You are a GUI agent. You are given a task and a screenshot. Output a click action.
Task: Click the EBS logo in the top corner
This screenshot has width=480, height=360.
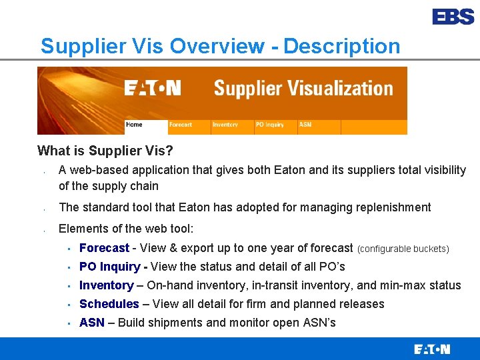pyautogui.click(x=453, y=17)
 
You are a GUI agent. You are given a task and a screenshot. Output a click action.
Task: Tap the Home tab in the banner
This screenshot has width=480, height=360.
pyautogui.click(x=135, y=125)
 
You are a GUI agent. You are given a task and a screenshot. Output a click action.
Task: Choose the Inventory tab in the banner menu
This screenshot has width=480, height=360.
pyautogui.click(x=225, y=125)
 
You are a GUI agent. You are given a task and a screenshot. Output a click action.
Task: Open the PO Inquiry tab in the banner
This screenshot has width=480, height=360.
pyautogui.click(x=269, y=125)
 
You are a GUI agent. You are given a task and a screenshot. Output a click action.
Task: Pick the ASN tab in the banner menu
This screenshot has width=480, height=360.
pyautogui.click(x=305, y=125)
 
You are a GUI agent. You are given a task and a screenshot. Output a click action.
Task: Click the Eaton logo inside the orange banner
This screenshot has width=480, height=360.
pyautogui.click(x=153, y=89)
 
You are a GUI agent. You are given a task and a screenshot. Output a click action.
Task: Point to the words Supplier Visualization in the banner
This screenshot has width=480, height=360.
pyautogui.click(x=303, y=89)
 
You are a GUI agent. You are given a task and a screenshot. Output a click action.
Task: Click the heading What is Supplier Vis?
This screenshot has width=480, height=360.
pyautogui.click(x=105, y=151)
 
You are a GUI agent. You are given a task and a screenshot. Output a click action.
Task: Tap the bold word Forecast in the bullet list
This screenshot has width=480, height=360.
pyautogui.click(x=104, y=248)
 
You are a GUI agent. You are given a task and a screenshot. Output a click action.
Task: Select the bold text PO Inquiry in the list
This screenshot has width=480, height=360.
pyautogui.click(x=110, y=267)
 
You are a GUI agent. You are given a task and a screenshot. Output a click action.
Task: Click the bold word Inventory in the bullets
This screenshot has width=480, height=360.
pyautogui.click(x=106, y=285)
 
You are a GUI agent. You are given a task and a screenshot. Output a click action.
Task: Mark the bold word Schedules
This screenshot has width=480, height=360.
pyautogui.click(x=109, y=304)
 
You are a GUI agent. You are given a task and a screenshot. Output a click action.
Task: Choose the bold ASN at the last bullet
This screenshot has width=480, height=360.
pyautogui.click(x=92, y=323)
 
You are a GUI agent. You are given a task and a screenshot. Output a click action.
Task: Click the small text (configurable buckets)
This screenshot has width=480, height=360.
pyautogui.click(x=403, y=249)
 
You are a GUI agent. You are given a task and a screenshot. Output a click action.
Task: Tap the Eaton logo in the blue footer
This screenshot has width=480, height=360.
pyautogui.click(x=432, y=349)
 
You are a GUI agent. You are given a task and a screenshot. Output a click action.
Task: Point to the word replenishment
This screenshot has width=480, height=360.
pyautogui.click(x=395, y=207)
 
